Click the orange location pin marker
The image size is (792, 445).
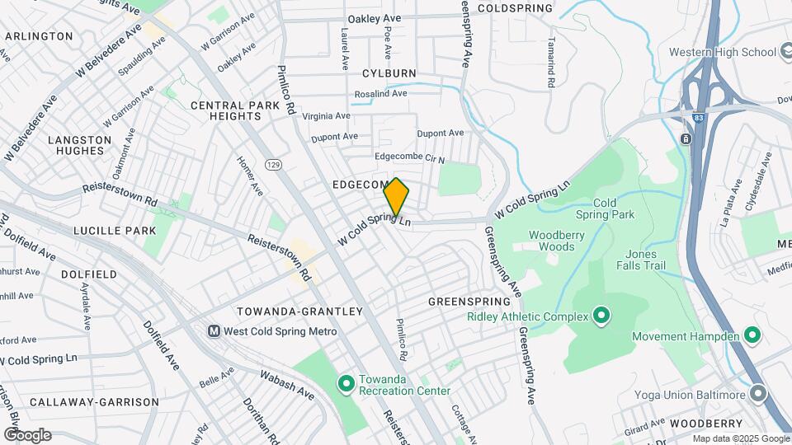point(396,197)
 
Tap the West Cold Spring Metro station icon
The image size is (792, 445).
point(214,331)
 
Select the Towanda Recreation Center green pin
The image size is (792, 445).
point(348,382)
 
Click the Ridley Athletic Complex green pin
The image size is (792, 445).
point(601,316)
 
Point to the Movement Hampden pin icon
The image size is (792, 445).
point(752,336)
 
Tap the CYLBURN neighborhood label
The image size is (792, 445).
point(389,73)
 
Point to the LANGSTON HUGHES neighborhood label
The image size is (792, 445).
point(79,146)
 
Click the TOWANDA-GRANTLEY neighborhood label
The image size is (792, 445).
point(299,311)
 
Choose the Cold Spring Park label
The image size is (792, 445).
point(614,208)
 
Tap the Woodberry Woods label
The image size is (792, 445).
point(551,240)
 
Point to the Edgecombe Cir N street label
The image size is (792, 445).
point(409,159)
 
